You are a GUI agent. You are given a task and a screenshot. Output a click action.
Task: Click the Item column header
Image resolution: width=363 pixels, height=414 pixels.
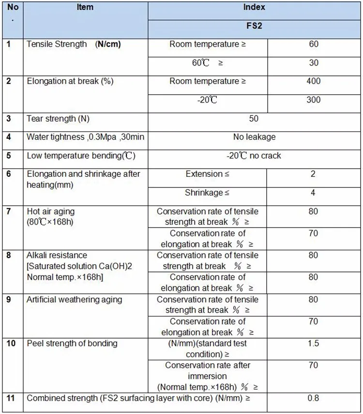click(85, 7)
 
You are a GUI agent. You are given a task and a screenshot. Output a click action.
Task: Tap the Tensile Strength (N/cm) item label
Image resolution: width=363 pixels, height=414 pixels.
click(74, 44)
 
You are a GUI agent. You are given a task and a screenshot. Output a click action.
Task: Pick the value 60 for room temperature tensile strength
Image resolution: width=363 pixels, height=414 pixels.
click(313, 44)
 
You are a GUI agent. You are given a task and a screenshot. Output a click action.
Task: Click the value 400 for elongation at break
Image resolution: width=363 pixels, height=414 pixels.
click(313, 81)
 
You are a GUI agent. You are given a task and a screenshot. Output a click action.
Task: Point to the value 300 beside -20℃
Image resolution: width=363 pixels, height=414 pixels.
click(313, 100)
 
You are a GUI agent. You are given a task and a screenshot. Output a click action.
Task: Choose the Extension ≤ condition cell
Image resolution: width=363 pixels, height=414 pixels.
click(207, 174)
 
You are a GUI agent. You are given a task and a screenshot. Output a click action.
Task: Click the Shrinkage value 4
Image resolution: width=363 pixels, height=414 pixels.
click(313, 193)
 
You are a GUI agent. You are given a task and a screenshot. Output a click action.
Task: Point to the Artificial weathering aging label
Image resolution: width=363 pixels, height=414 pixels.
click(74, 300)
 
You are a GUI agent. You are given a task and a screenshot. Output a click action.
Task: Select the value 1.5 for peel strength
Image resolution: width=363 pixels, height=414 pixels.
click(313, 343)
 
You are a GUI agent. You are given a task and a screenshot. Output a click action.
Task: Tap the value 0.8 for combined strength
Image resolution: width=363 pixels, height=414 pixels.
click(313, 399)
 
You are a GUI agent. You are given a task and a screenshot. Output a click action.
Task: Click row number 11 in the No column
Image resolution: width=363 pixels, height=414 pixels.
click(11, 399)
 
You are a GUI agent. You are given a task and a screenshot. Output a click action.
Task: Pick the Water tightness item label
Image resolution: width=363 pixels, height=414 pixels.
click(85, 137)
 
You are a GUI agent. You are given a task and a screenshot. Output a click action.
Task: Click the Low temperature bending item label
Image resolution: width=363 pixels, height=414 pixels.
click(80, 156)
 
